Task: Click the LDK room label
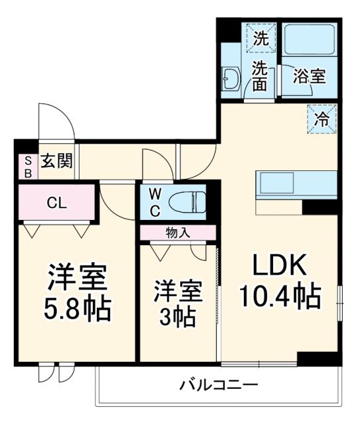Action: click(278, 266)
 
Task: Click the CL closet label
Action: click(56, 203)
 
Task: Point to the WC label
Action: click(154, 201)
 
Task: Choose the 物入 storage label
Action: click(177, 233)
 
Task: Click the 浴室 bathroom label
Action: click(310, 76)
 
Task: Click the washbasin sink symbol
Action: click(231, 79)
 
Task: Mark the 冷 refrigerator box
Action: click(322, 120)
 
